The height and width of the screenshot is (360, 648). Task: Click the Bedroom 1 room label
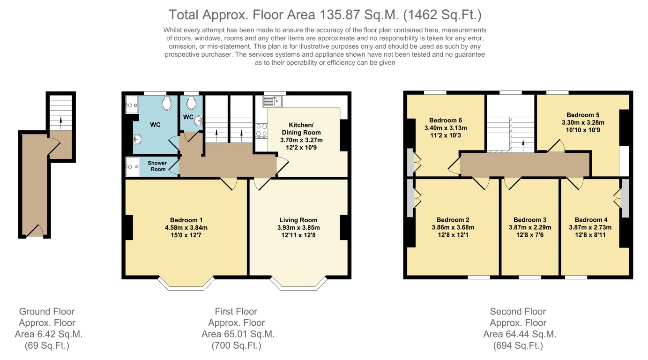coord(186,220)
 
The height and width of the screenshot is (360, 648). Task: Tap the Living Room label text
coord(298,220)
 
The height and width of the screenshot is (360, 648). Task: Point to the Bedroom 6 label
coord(446,120)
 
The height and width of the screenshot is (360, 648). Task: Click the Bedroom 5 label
coord(582,115)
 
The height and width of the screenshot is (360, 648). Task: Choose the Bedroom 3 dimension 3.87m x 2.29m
coord(529,227)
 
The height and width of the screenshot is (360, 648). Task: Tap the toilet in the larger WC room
coord(166,104)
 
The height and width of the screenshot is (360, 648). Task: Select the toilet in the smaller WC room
coord(191,103)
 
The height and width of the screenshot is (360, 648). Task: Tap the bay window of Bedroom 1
coord(186,283)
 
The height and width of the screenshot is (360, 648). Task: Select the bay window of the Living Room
coord(298,283)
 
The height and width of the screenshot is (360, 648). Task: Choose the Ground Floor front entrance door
coord(35,231)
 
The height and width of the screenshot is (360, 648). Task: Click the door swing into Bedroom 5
coord(556,145)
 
